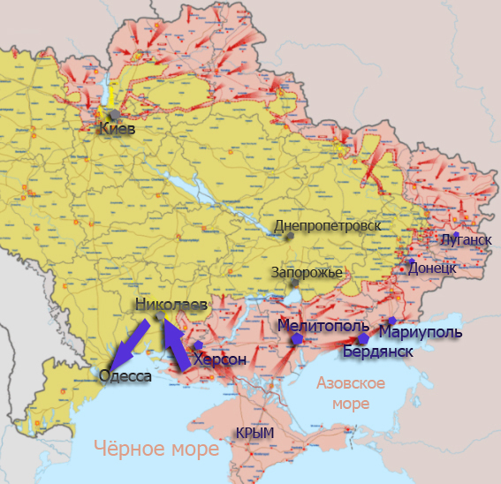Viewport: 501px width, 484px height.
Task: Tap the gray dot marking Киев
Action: tap(113, 115)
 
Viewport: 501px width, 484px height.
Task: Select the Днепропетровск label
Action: tap(327, 226)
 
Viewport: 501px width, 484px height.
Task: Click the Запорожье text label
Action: tap(307, 272)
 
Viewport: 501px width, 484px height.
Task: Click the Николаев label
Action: tap(171, 305)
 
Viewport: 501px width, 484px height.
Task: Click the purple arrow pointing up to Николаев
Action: tap(175, 342)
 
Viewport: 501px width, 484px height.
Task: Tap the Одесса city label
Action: tap(125, 376)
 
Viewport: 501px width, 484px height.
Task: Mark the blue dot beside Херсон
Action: tap(198, 345)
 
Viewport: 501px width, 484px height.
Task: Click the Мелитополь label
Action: tap(323, 325)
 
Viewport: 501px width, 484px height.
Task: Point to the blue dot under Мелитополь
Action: tap(299, 338)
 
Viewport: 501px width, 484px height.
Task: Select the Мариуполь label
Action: tap(420, 332)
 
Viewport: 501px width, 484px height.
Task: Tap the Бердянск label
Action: tap(378, 352)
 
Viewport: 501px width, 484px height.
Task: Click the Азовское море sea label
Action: tap(351, 393)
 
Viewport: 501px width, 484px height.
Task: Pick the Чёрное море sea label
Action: tap(156, 450)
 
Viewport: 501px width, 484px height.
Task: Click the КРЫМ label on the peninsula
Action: tap(254, 433)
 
